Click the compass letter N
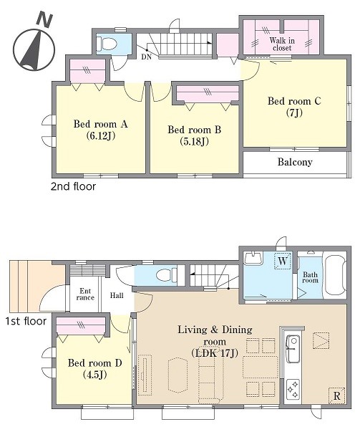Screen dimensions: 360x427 [x=44, y=19]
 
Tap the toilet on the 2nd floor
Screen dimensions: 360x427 [x=107, y=43]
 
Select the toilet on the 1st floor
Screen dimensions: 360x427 [x=167, y=275]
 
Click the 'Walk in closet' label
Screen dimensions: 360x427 [x=282, y=44]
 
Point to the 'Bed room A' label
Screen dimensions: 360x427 [x=100, y=124]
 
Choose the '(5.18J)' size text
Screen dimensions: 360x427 [x=194, y=141]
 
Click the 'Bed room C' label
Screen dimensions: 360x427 [x=294, y=101]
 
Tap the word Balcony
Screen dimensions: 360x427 [x=295, y=162]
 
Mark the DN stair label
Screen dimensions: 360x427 [x=146, y=57]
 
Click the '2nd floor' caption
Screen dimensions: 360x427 [x=73, y=186]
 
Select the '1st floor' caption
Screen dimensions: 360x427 [x=26, y=321]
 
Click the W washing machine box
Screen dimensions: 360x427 [x=283, y=261]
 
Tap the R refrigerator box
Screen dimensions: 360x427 [x=336, y=395]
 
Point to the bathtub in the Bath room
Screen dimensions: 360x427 [x=336, y=275]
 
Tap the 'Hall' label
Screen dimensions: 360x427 [x=117, y=295]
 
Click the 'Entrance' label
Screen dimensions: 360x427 [x=85, y=294]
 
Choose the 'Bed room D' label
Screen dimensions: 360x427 [x=94, y=363]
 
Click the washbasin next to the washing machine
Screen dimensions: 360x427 [x=253, y=258]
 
